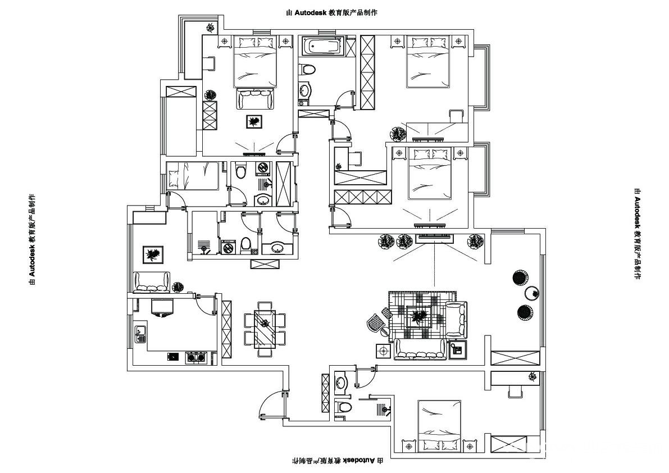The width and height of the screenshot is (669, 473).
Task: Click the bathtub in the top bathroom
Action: pyautogui.click(x=322, y=46)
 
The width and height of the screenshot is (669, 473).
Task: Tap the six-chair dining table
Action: pyautogui.click(x=264, y=329)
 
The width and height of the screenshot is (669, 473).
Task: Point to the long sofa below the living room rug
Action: pyautogui.click(x=420, y=349)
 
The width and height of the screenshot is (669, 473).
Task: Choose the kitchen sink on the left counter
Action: pyautogui.click(x=140, y=334)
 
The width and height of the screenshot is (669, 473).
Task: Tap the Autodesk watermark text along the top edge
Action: pyautogui.click(x=331, y=12)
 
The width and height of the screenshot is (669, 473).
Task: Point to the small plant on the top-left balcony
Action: pyautogui.click(x=210, y=27)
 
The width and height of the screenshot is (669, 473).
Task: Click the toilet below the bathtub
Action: pyautogui.click(x=307, y=70)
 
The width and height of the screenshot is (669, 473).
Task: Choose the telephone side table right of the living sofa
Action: pyautogui.click(x=457, y=350)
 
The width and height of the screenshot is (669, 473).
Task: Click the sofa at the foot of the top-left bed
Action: pyautogui.click(x=256, y=100)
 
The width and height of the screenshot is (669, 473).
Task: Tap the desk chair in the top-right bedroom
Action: pyautogui.click(x=456, y=116)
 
